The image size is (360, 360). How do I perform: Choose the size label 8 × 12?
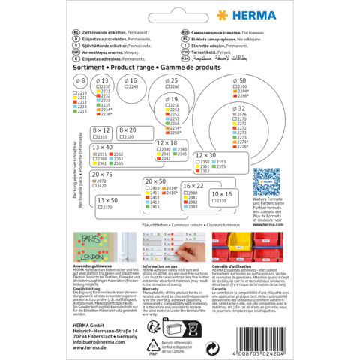101,130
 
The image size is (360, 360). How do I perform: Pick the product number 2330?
202,162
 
